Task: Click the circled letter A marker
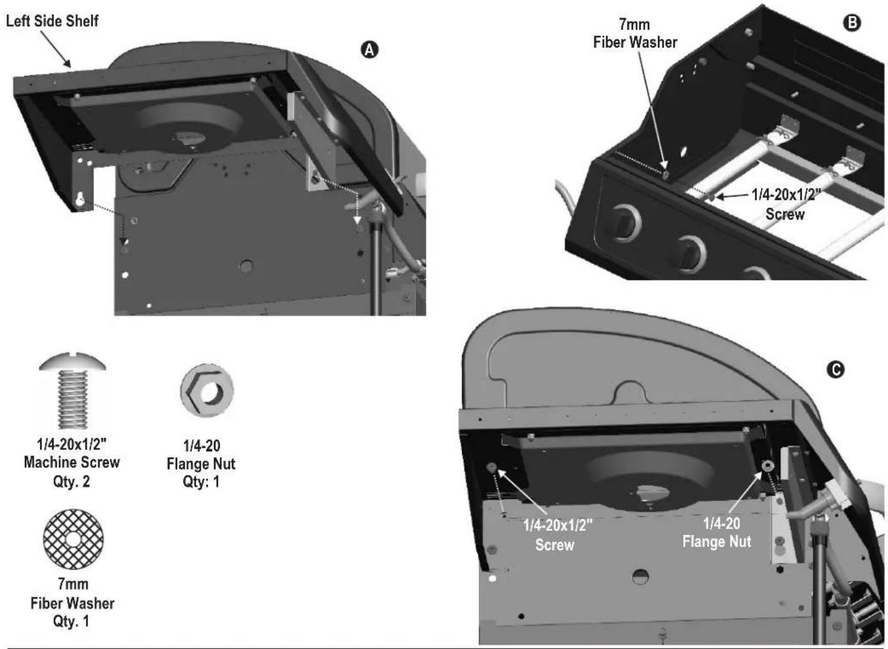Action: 369,50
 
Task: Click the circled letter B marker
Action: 852,23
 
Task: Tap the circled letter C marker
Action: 836,370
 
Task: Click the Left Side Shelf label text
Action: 52,21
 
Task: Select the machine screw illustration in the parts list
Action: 73,390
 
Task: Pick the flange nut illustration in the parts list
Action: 207,390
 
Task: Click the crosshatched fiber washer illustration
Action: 73,539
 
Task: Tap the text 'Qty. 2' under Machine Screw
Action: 72,482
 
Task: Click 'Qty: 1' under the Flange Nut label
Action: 201,482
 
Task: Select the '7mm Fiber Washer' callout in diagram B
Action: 635,33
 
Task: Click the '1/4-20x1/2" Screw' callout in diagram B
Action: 785,204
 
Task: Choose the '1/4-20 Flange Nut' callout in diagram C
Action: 717,532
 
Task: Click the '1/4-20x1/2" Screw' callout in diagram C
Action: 558,535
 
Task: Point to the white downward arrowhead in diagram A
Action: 358,220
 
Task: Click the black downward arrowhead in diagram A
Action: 125,241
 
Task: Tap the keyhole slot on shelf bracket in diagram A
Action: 80,199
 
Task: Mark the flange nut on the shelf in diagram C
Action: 769,466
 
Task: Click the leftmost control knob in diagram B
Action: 625,222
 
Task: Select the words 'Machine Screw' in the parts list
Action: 72,462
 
